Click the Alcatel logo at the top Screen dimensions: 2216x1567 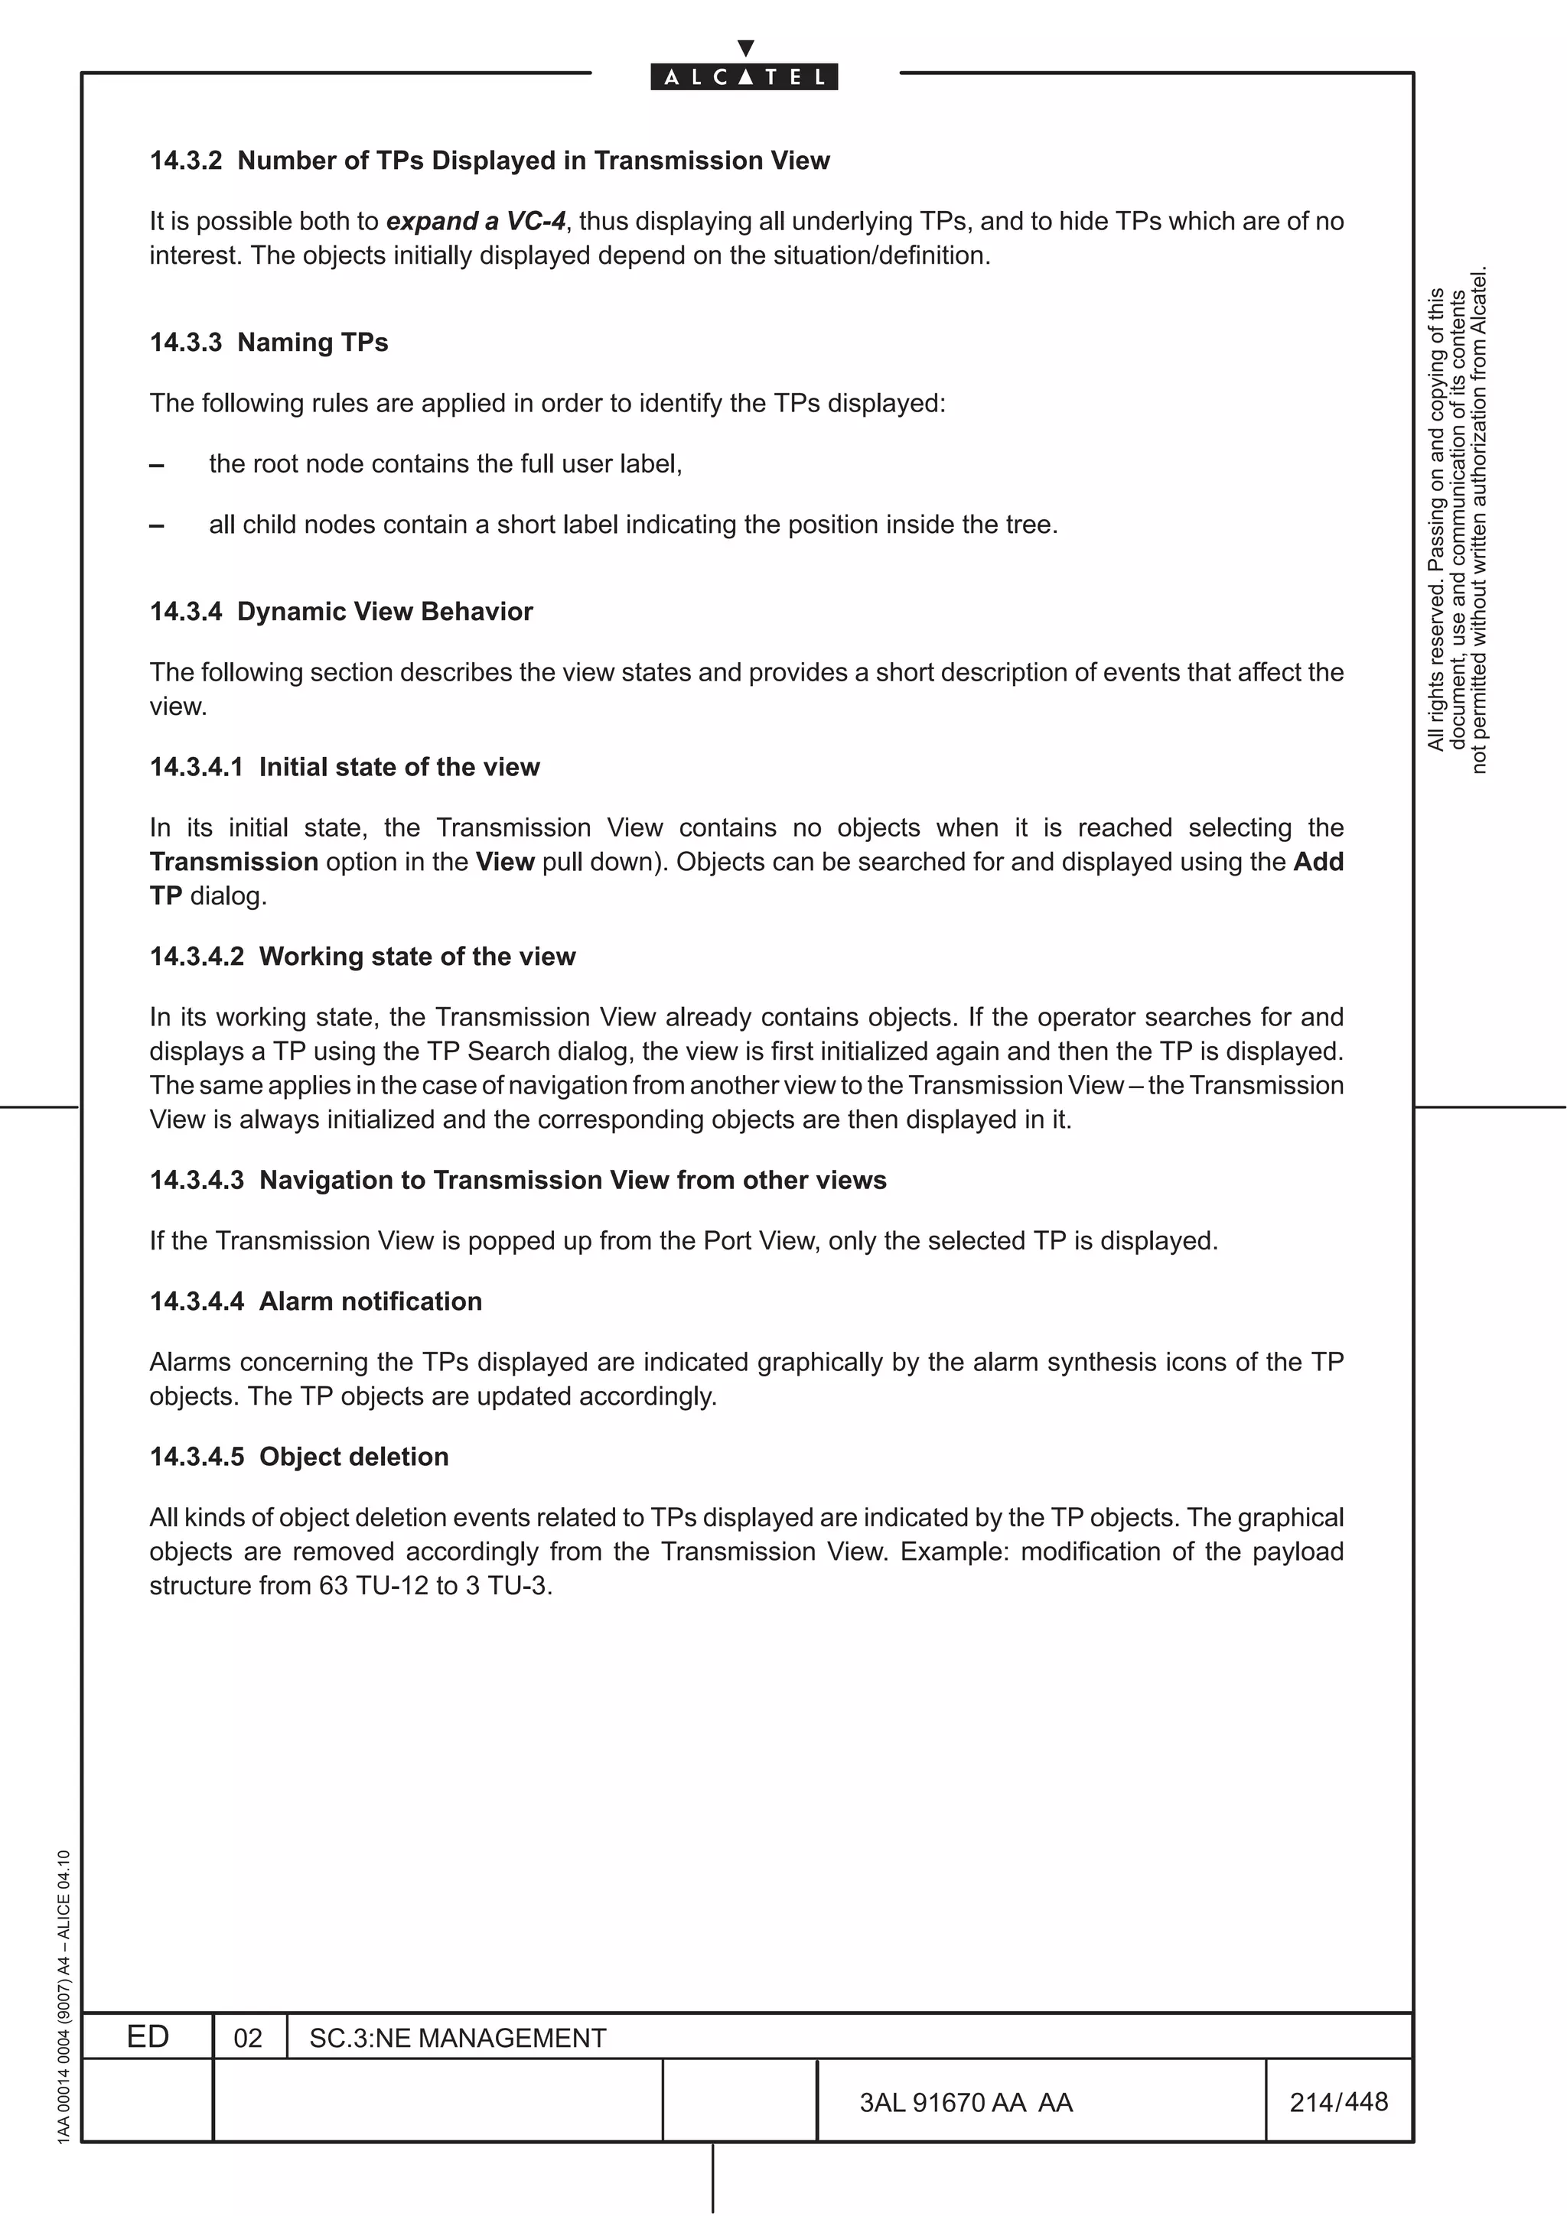pos(744,76)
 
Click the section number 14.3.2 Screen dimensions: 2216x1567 pos(185,161)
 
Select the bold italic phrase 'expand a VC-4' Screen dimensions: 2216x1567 pos(475,222)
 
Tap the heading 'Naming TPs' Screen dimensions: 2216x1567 pos(312,343)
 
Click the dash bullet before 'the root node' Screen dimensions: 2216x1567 pos(156,465)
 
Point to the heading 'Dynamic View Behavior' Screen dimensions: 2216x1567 pos(384,612)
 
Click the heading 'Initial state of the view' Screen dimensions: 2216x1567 pos(399,767)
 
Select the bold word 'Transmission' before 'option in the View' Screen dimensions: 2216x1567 pos(233,862)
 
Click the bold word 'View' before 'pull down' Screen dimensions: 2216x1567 pos(505,862)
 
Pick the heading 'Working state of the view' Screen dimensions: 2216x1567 pos(417,957)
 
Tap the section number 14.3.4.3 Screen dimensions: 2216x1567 pos(197,1181)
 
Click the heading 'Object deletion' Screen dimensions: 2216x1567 pos(353,1457)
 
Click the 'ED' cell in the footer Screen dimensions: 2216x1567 pos(148,2037)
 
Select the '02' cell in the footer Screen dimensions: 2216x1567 pos(248,2039)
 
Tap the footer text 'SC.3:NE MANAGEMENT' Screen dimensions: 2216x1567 pos(458,2039)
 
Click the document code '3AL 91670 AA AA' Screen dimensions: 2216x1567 pos(966,2102)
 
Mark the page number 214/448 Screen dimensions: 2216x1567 pos(1338,2102)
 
